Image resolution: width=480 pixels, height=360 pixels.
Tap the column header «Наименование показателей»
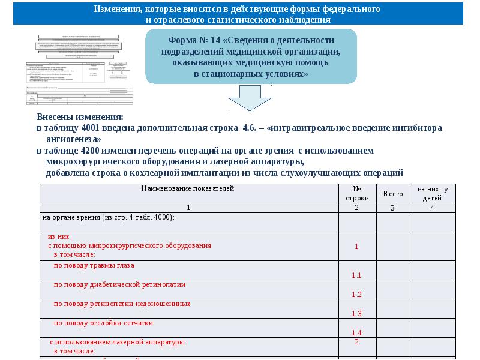[x=188, y=188]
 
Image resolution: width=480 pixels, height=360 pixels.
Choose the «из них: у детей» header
[x=431, y=193]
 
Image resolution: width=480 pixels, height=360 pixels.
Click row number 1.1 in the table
[x=356, y=275]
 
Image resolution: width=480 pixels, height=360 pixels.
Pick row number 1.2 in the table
[x=356, y=294]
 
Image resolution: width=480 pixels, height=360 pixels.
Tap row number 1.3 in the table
[x=356, y=313]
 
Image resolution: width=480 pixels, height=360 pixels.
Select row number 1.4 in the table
[x=356, y=332]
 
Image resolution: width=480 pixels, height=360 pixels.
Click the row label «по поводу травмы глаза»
[x=94, y=265]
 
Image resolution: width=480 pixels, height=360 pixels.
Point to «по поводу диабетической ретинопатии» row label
[x=119, y=284]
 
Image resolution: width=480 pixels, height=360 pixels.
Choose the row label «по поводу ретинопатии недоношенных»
[x=118, y=304]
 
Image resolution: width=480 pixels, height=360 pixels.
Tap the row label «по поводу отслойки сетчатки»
[x=103, y=323]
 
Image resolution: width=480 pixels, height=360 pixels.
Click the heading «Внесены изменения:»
[x=80, y=116]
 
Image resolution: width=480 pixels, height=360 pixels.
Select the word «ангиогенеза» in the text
[x=70, y=137]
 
